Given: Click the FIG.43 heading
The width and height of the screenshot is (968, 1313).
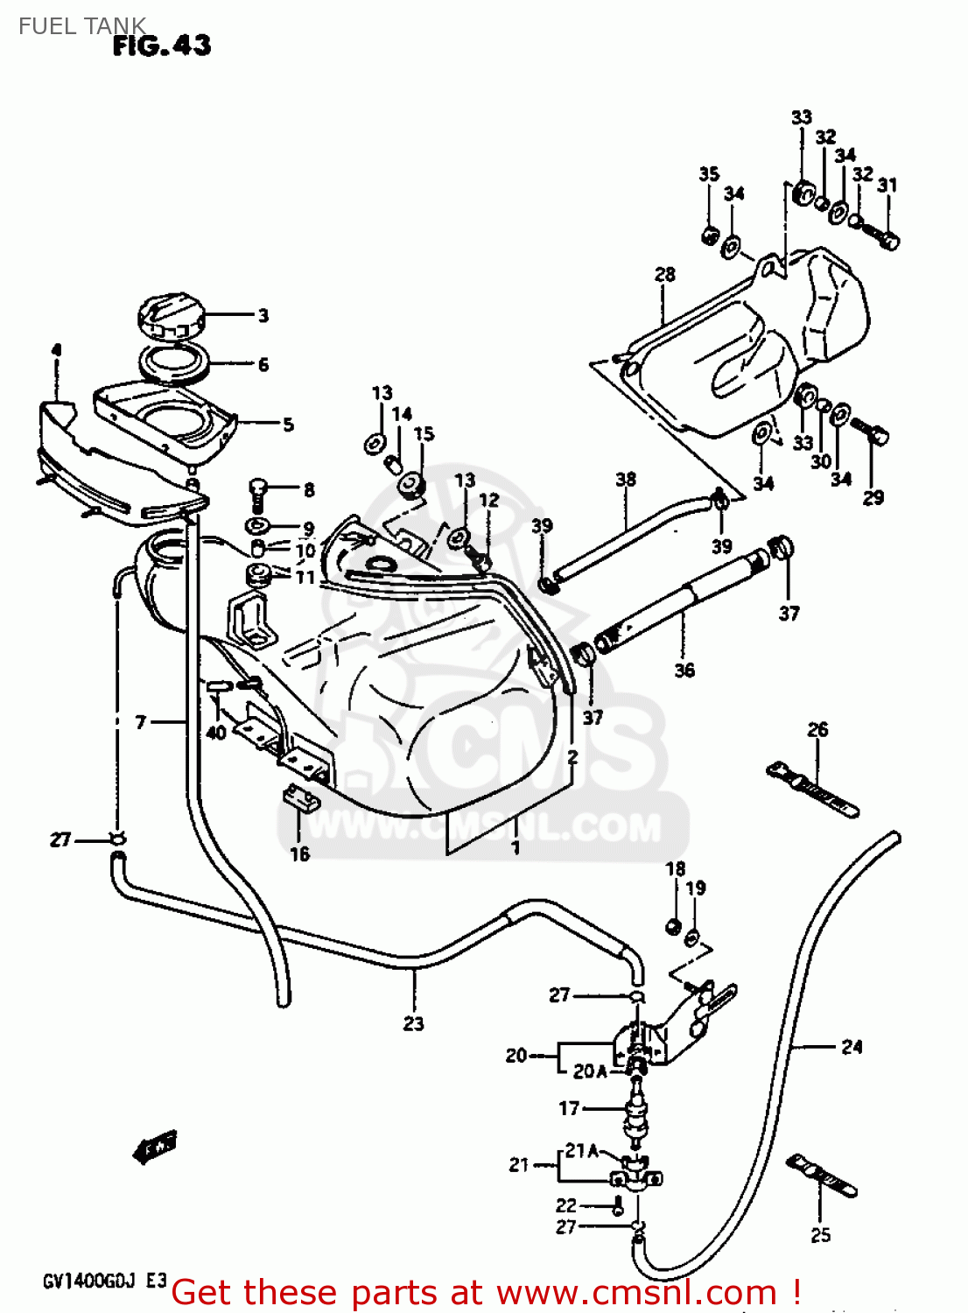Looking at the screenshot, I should tap(162, 45).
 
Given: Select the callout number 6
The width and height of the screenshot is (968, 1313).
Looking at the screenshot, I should tap(263, 364).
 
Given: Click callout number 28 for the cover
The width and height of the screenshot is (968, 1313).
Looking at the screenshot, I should tap(665, 274).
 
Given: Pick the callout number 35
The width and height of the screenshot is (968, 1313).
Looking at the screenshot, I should tap(709, 174).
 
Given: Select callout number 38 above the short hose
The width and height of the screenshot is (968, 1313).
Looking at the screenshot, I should tap(626, 479).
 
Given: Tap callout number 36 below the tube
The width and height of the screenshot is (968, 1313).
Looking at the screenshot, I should tap(684, 670).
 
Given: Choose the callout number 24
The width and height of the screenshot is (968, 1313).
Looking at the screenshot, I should tap(852, 1046).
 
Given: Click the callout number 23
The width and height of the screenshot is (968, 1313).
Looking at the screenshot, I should tap(413, 1022).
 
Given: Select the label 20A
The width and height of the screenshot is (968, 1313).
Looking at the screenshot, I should tap(590, 1071).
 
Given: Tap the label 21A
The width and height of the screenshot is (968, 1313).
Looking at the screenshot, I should tap(581, 1150).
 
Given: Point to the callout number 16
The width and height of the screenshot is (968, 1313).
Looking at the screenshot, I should tap(299, 853).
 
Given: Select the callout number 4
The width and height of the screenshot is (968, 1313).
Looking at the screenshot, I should tap(56, 350).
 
